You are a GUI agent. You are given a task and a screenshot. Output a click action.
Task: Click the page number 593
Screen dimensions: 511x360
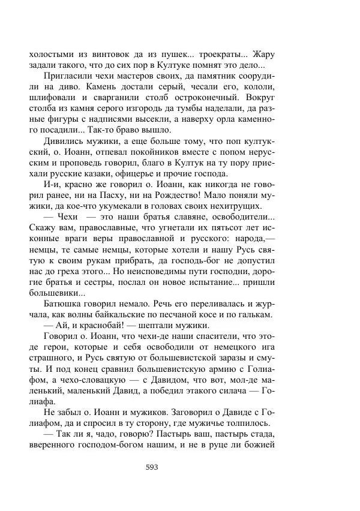(x=152, y=468)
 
